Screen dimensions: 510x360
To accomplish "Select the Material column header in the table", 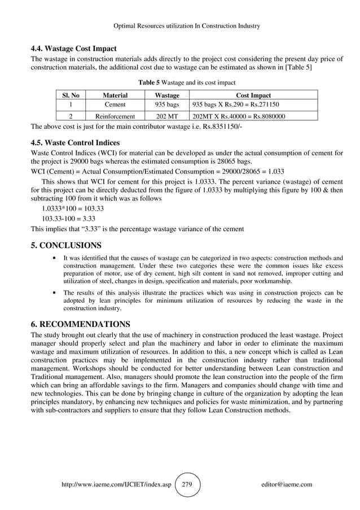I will [115, 95].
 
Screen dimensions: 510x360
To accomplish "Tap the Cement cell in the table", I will [115, 105].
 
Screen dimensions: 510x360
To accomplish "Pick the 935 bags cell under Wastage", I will [167, 105].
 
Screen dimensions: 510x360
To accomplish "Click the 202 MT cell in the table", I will [167, 116].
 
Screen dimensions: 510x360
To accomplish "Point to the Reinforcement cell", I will [115, 116].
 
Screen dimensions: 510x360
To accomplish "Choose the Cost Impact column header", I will [253, 95].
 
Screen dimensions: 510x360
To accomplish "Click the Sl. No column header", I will [70, 95].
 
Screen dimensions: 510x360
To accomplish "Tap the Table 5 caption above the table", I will [179, 82].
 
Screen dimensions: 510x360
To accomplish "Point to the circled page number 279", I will [187, 485].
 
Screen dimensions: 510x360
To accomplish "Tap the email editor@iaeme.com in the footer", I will [287, 485].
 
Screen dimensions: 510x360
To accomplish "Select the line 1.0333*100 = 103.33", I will [73, 208].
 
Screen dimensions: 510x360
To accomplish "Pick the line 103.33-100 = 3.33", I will [69, 219].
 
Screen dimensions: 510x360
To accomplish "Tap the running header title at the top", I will [179, 26].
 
